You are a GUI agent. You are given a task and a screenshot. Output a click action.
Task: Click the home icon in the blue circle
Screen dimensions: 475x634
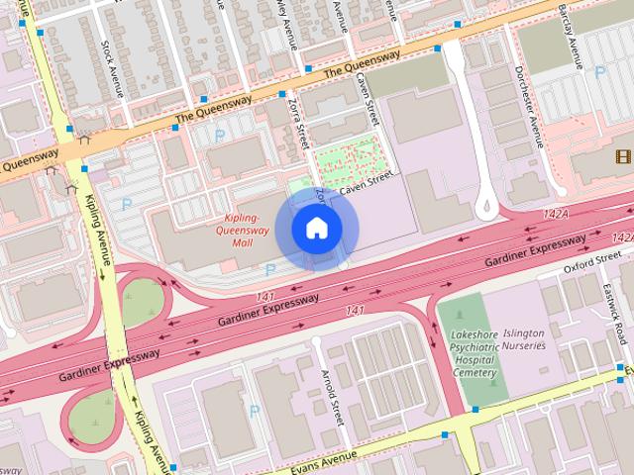tap(316, 229)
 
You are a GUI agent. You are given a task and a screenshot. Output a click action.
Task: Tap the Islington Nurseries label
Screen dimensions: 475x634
tap(524, 340)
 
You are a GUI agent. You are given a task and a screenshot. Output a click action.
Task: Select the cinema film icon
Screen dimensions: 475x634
tap(621, 156)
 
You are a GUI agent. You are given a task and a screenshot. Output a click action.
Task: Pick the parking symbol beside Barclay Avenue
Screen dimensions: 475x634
tap(598, 71)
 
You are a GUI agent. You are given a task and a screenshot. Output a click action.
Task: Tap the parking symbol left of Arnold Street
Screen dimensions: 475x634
tap(255, 410)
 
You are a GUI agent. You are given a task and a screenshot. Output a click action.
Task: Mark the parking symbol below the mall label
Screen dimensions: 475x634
tap(269, 268)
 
